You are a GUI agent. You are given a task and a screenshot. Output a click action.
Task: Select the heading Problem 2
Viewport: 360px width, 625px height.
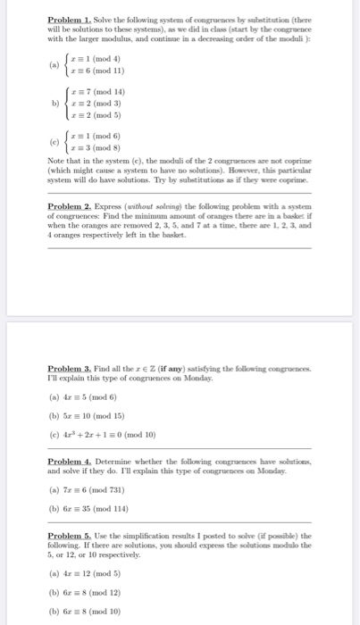pos(68,204)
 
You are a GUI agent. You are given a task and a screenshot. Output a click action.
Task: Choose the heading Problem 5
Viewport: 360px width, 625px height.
pos(68,535)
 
